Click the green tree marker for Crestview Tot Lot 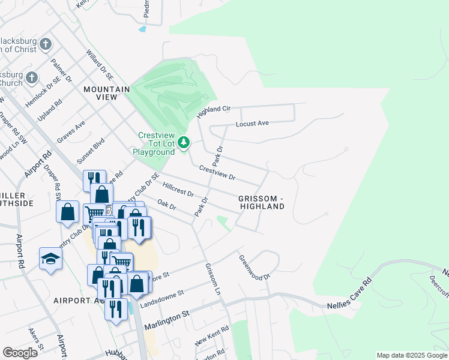185,143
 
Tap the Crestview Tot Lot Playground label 156,144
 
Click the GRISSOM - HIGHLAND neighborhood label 261,202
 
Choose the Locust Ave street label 252,124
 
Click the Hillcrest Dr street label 178,190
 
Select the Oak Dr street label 166,205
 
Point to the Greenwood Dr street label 255,268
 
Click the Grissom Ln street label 214,279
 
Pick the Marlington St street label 166,314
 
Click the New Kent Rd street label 212,337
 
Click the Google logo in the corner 20,352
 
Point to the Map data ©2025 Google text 411,355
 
